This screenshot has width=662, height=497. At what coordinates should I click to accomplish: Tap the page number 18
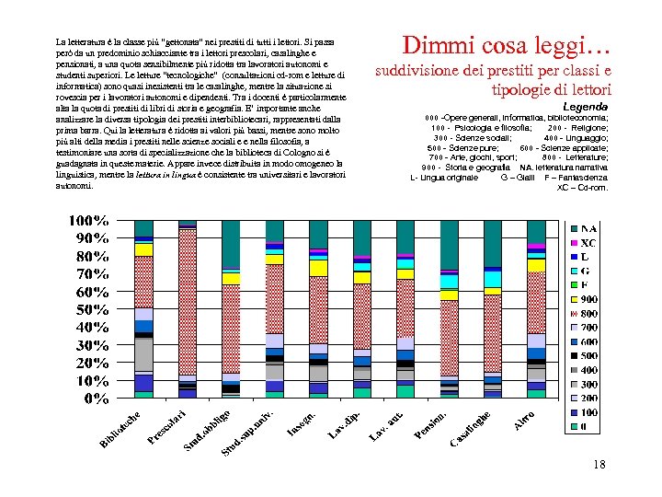coord(599,465)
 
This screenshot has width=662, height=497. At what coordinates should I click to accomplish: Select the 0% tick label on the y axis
coord(97,399)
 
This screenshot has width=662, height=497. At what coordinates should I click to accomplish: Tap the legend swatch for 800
coord(575,313)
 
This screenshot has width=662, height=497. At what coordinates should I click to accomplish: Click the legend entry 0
coord(579,427)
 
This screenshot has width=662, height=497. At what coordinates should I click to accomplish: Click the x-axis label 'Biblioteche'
coord(120,432)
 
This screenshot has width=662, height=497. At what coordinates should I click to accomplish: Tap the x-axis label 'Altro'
coord(524,420)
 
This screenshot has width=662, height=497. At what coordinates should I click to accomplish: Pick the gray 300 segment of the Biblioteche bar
coord(143,353)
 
